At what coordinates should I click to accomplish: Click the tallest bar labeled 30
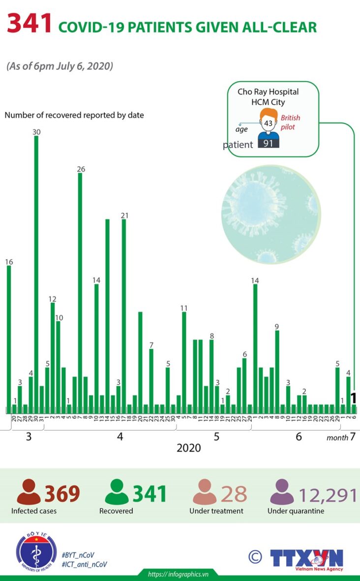(x=36, y=271)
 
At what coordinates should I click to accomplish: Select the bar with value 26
(x=80, y=290)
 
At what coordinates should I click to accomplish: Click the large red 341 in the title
(x=30, y=25)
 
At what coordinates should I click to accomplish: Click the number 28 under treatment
(x=234, y=493)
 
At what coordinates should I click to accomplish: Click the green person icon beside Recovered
(x=117, y=492)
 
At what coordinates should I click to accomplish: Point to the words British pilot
(x=290, y=122)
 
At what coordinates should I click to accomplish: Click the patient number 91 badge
(x=269, y=144)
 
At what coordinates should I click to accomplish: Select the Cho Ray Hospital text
(x=268, y=92)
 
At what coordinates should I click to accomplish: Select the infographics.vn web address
(x=179, y=574)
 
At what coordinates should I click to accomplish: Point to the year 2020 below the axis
(x=189, y=448)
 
